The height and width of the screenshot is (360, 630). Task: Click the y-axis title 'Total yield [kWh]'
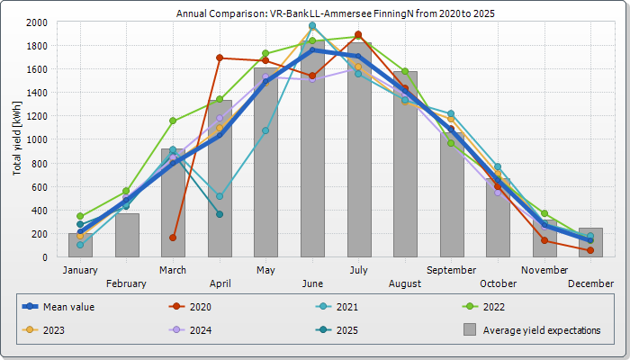18,139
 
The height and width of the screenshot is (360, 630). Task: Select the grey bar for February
127,235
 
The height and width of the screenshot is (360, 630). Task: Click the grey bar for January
80,245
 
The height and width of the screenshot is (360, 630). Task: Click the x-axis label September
452,269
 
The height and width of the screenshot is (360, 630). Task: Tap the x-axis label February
127,283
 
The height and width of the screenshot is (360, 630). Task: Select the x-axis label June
312,283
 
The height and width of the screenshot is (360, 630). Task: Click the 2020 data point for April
220,58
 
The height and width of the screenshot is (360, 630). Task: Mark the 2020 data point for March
173,238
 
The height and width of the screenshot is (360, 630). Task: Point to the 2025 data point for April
220,214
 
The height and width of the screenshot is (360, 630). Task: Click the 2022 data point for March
173,121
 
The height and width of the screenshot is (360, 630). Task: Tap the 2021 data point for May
265,130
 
